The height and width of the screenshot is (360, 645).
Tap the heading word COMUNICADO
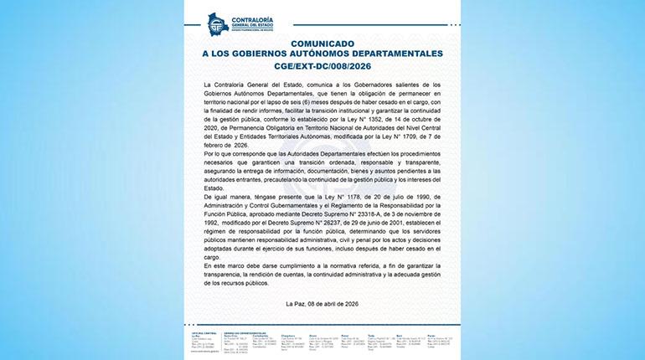coord(322,42)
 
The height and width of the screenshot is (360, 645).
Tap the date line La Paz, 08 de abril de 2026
coord(322,302)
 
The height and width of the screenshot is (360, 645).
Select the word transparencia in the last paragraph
coord(229,275)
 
